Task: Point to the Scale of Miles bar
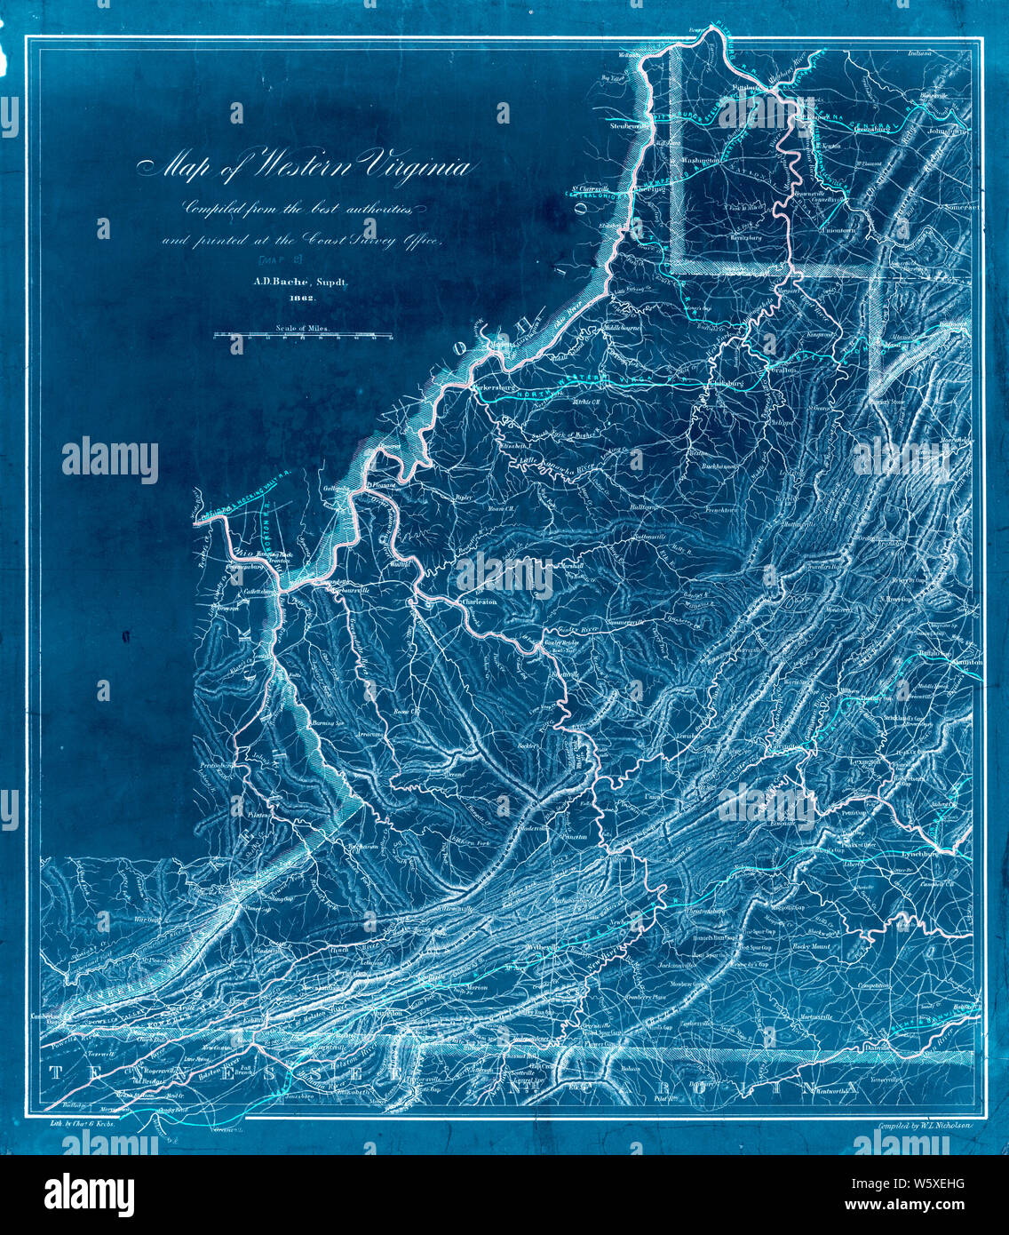[x=303, y=336]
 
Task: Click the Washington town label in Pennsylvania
[x=702, y=160]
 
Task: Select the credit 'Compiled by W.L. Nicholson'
[x=924, y=1123]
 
